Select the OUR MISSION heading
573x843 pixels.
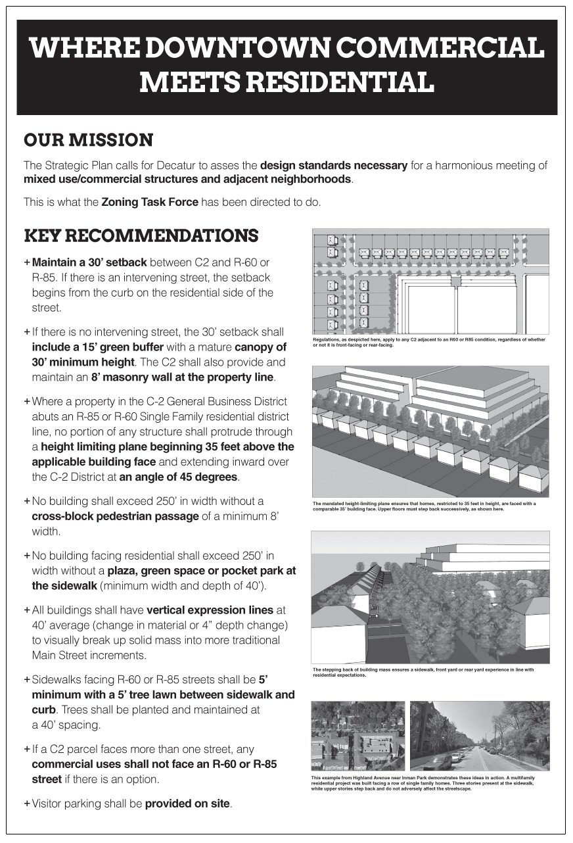(88, 140)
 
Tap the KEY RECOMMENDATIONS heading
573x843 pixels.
(141, 235)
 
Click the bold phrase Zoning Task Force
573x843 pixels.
(150, 202)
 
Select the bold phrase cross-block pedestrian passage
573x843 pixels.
(115, 516)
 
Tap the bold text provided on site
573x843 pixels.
(188, 804)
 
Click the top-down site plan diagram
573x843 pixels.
(430, 281)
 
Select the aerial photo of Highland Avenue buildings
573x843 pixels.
(357, 735)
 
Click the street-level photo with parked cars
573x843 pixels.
(479, 735)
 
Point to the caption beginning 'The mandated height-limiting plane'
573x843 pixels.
(424, 506)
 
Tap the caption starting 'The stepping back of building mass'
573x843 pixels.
(424, 672)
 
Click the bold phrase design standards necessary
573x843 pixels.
(334, 165)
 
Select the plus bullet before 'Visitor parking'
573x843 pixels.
(27, 804)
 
